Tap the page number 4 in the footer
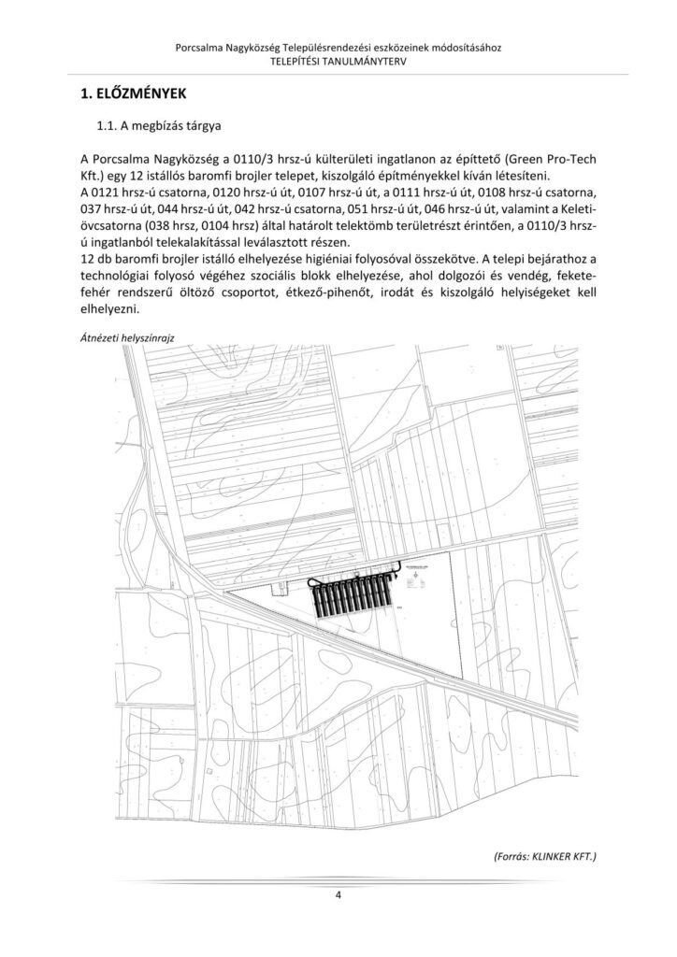(x=338, y=896)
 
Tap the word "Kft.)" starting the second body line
(x=94, y=176)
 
